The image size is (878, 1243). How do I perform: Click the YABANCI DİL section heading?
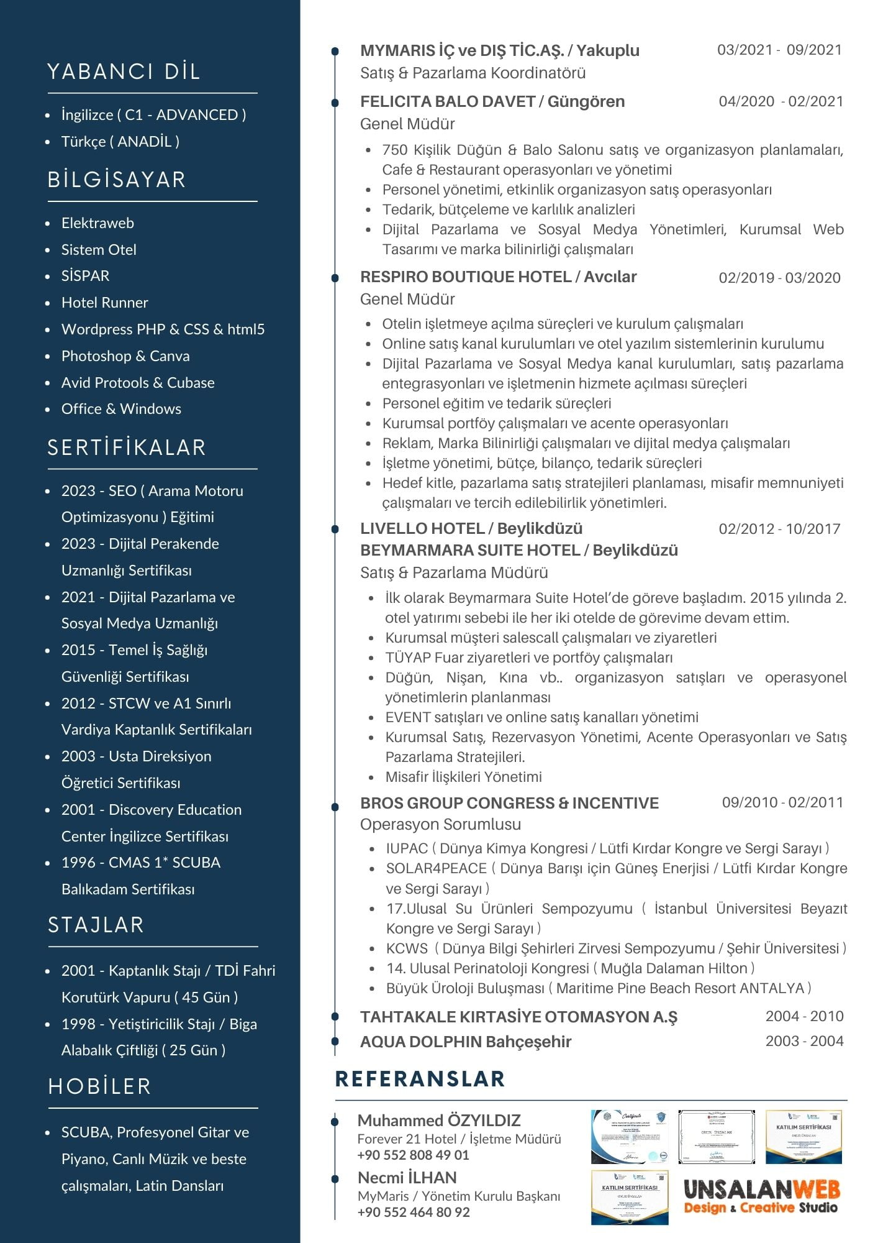pos(124,71)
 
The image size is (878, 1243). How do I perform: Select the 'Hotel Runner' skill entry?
pos(104,303)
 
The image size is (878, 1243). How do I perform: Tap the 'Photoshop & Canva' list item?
pos(125,356)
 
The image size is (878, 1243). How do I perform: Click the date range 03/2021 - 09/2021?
pos(779,50)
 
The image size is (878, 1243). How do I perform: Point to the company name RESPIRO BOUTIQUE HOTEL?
pos(466,277)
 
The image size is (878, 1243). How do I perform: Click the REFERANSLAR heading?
pos(420,1079)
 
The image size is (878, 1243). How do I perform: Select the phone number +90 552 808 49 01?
pos(413,1155)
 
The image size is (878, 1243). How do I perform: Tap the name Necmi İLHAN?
pos(407,1178)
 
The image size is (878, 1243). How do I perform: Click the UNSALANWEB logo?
pos(761,1196)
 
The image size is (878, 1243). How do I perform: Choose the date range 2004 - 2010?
pos(804,1016)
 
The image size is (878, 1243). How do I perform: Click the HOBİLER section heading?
pos(99,1086)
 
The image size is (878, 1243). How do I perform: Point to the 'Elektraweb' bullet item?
pos(97,223)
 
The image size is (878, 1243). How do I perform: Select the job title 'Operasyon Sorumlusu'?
pos(440,825)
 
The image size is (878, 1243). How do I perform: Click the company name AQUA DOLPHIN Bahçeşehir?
pos(466,1042)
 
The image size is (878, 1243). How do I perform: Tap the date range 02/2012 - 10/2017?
pos(779,529)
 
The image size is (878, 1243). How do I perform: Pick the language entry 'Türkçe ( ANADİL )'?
pos(120,142)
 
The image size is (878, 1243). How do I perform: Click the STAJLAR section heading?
pos(96,925)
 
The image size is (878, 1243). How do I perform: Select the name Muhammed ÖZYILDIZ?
pos(439,1121)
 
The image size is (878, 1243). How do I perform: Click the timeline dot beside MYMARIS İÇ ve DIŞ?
pos(335,51)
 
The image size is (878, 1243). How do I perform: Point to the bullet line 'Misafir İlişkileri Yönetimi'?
pos(463,777)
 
